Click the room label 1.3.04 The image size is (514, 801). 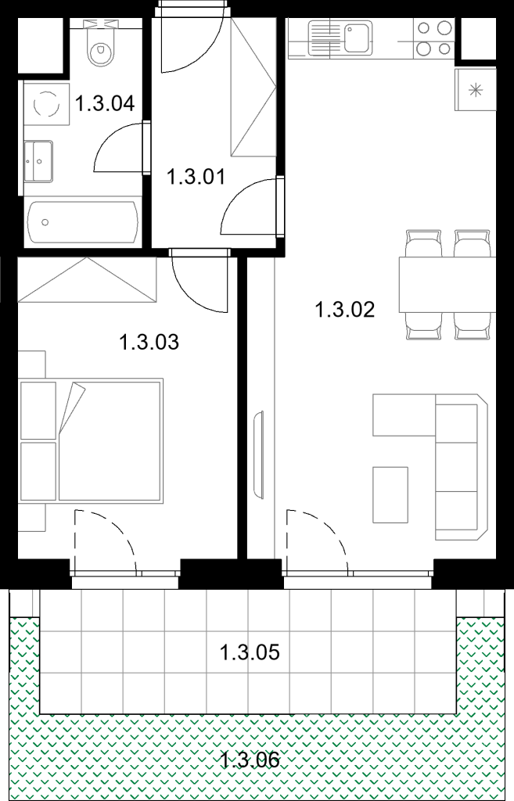point(105,103)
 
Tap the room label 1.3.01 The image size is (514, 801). point(196,178)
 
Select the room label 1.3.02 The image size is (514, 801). point(345,310)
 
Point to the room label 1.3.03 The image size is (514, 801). point(149,342)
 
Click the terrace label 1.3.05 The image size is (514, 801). point(250,652)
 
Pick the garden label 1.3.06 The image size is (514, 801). point(250,760)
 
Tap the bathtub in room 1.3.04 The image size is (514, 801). point(83,222)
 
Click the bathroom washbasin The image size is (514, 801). point(38,161)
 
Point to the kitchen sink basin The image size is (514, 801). point(358,36)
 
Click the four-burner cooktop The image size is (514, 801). point(434,38)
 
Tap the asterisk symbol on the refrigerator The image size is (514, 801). point(476,92)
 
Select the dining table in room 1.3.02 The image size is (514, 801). point(448,285)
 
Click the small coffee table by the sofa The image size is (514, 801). point(390,494)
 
